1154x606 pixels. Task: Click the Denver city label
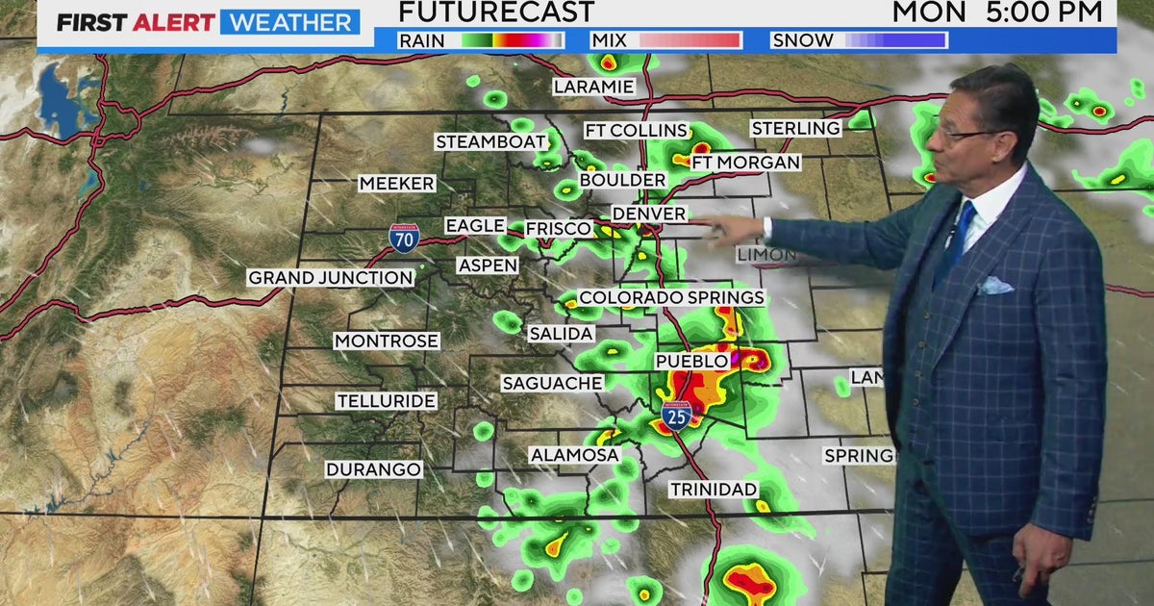coord(649,214)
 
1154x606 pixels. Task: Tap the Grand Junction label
coord(331,278)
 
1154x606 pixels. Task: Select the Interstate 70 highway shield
coord(404,237)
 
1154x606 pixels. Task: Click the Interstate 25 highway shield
coord(677,415)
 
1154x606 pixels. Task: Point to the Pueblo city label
coord(691,361)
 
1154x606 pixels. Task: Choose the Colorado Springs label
coord(671,298)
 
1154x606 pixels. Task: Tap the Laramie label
coord(593,87)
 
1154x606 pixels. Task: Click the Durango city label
coord(373,469)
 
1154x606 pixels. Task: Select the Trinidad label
coord(714,490)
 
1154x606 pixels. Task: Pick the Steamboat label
coord(490,142)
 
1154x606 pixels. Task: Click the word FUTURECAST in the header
coord(496,13)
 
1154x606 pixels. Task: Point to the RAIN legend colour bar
coord(513,40)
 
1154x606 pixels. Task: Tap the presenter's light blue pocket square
coord(994,286)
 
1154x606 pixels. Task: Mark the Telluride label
coord(386,401)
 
